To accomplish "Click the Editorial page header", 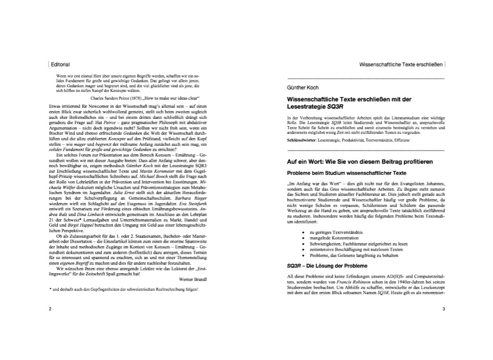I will [60, 64].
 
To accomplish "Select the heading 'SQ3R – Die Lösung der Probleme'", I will [327, 266].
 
